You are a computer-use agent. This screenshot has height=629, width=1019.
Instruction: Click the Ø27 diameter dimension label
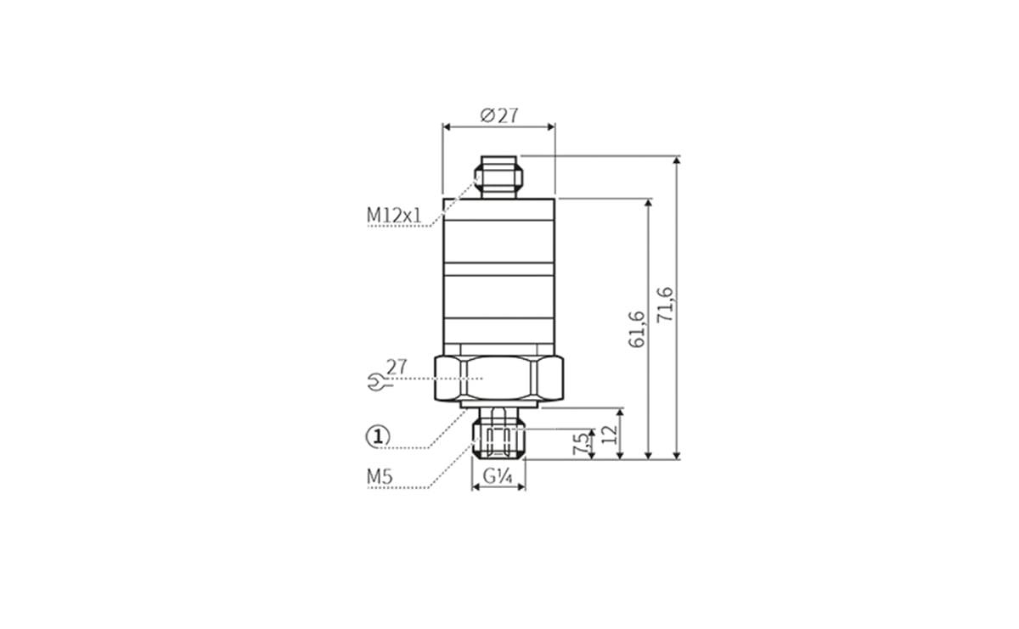499,115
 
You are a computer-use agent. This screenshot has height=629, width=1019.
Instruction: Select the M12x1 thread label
394,216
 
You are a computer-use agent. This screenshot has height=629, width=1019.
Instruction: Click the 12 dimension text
608,435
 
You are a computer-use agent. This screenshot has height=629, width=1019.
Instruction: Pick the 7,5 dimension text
580,444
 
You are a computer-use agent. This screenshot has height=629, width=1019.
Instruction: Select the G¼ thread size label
498,477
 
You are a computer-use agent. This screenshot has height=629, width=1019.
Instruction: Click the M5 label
379,477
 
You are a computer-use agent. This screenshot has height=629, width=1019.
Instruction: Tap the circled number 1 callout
377,436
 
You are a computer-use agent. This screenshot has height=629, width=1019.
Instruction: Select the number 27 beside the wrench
397,368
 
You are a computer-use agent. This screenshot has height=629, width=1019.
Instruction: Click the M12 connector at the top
499,176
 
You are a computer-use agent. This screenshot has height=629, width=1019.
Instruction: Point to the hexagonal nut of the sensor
498,378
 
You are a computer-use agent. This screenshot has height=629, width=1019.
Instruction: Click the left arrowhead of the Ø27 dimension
447,127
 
